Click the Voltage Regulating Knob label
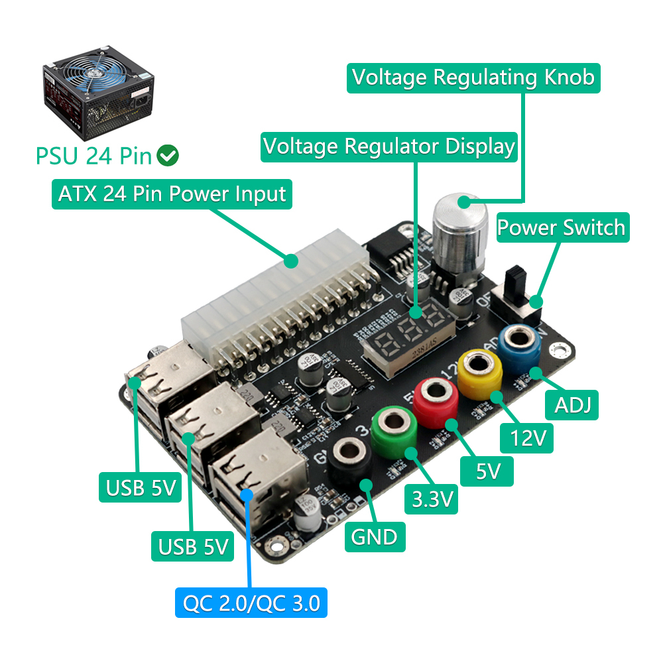tap(474, 78)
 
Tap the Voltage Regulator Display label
tap(389, 146)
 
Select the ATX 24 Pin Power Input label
tap(172, 194)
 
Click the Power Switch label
tap(561, 227)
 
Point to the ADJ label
tap(572, 403)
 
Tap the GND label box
tap(375, 536)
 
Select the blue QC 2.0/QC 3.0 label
tap(251, 603)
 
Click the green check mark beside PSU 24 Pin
tap(168, 156)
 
